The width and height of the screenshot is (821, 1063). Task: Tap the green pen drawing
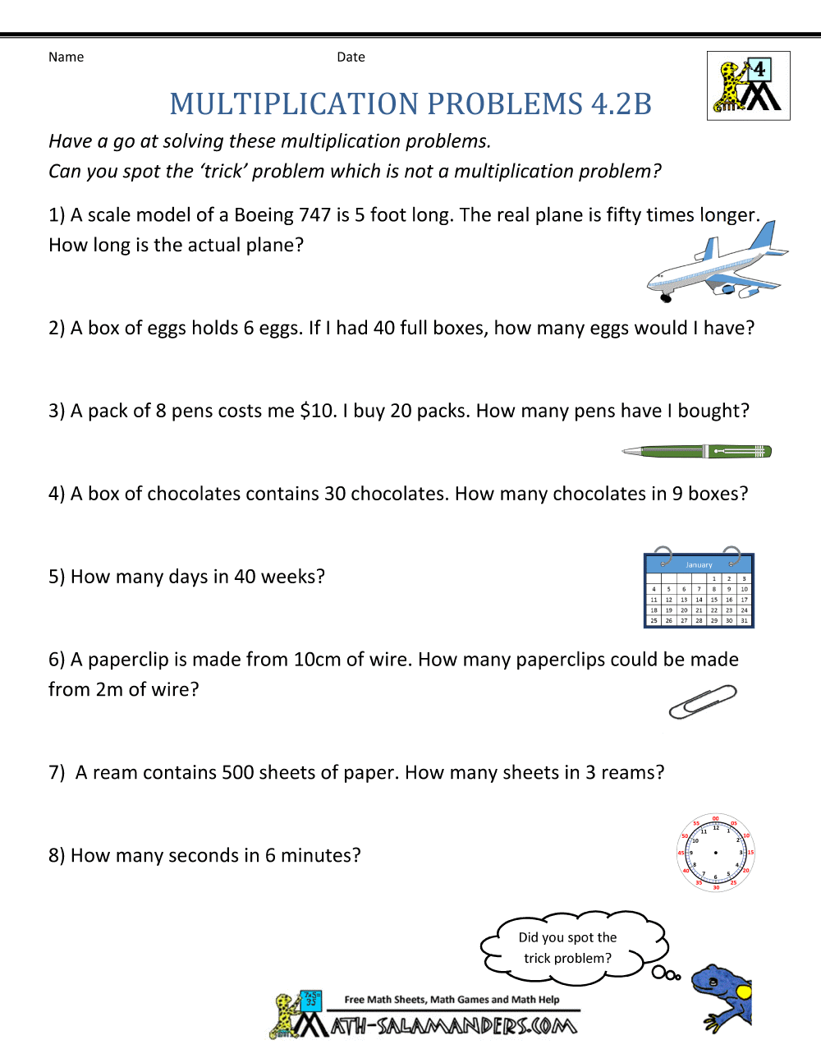(697, 451)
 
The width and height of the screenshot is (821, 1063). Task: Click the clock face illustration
(716, 853)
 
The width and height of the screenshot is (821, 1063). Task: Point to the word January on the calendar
(699, 565)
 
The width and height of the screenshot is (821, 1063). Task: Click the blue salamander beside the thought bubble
(722, 996)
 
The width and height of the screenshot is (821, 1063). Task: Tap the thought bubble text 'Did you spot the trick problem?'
(568, 947)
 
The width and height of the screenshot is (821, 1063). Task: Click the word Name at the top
(66, 57)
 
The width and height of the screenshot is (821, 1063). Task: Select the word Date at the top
(351, 57)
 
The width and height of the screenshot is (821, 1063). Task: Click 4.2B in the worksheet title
(621, 104)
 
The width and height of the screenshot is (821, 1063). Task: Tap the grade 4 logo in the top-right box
(748, 85)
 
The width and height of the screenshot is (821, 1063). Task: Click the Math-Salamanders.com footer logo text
(453, 1025)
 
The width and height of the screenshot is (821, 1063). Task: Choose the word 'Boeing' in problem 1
(264, 215)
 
